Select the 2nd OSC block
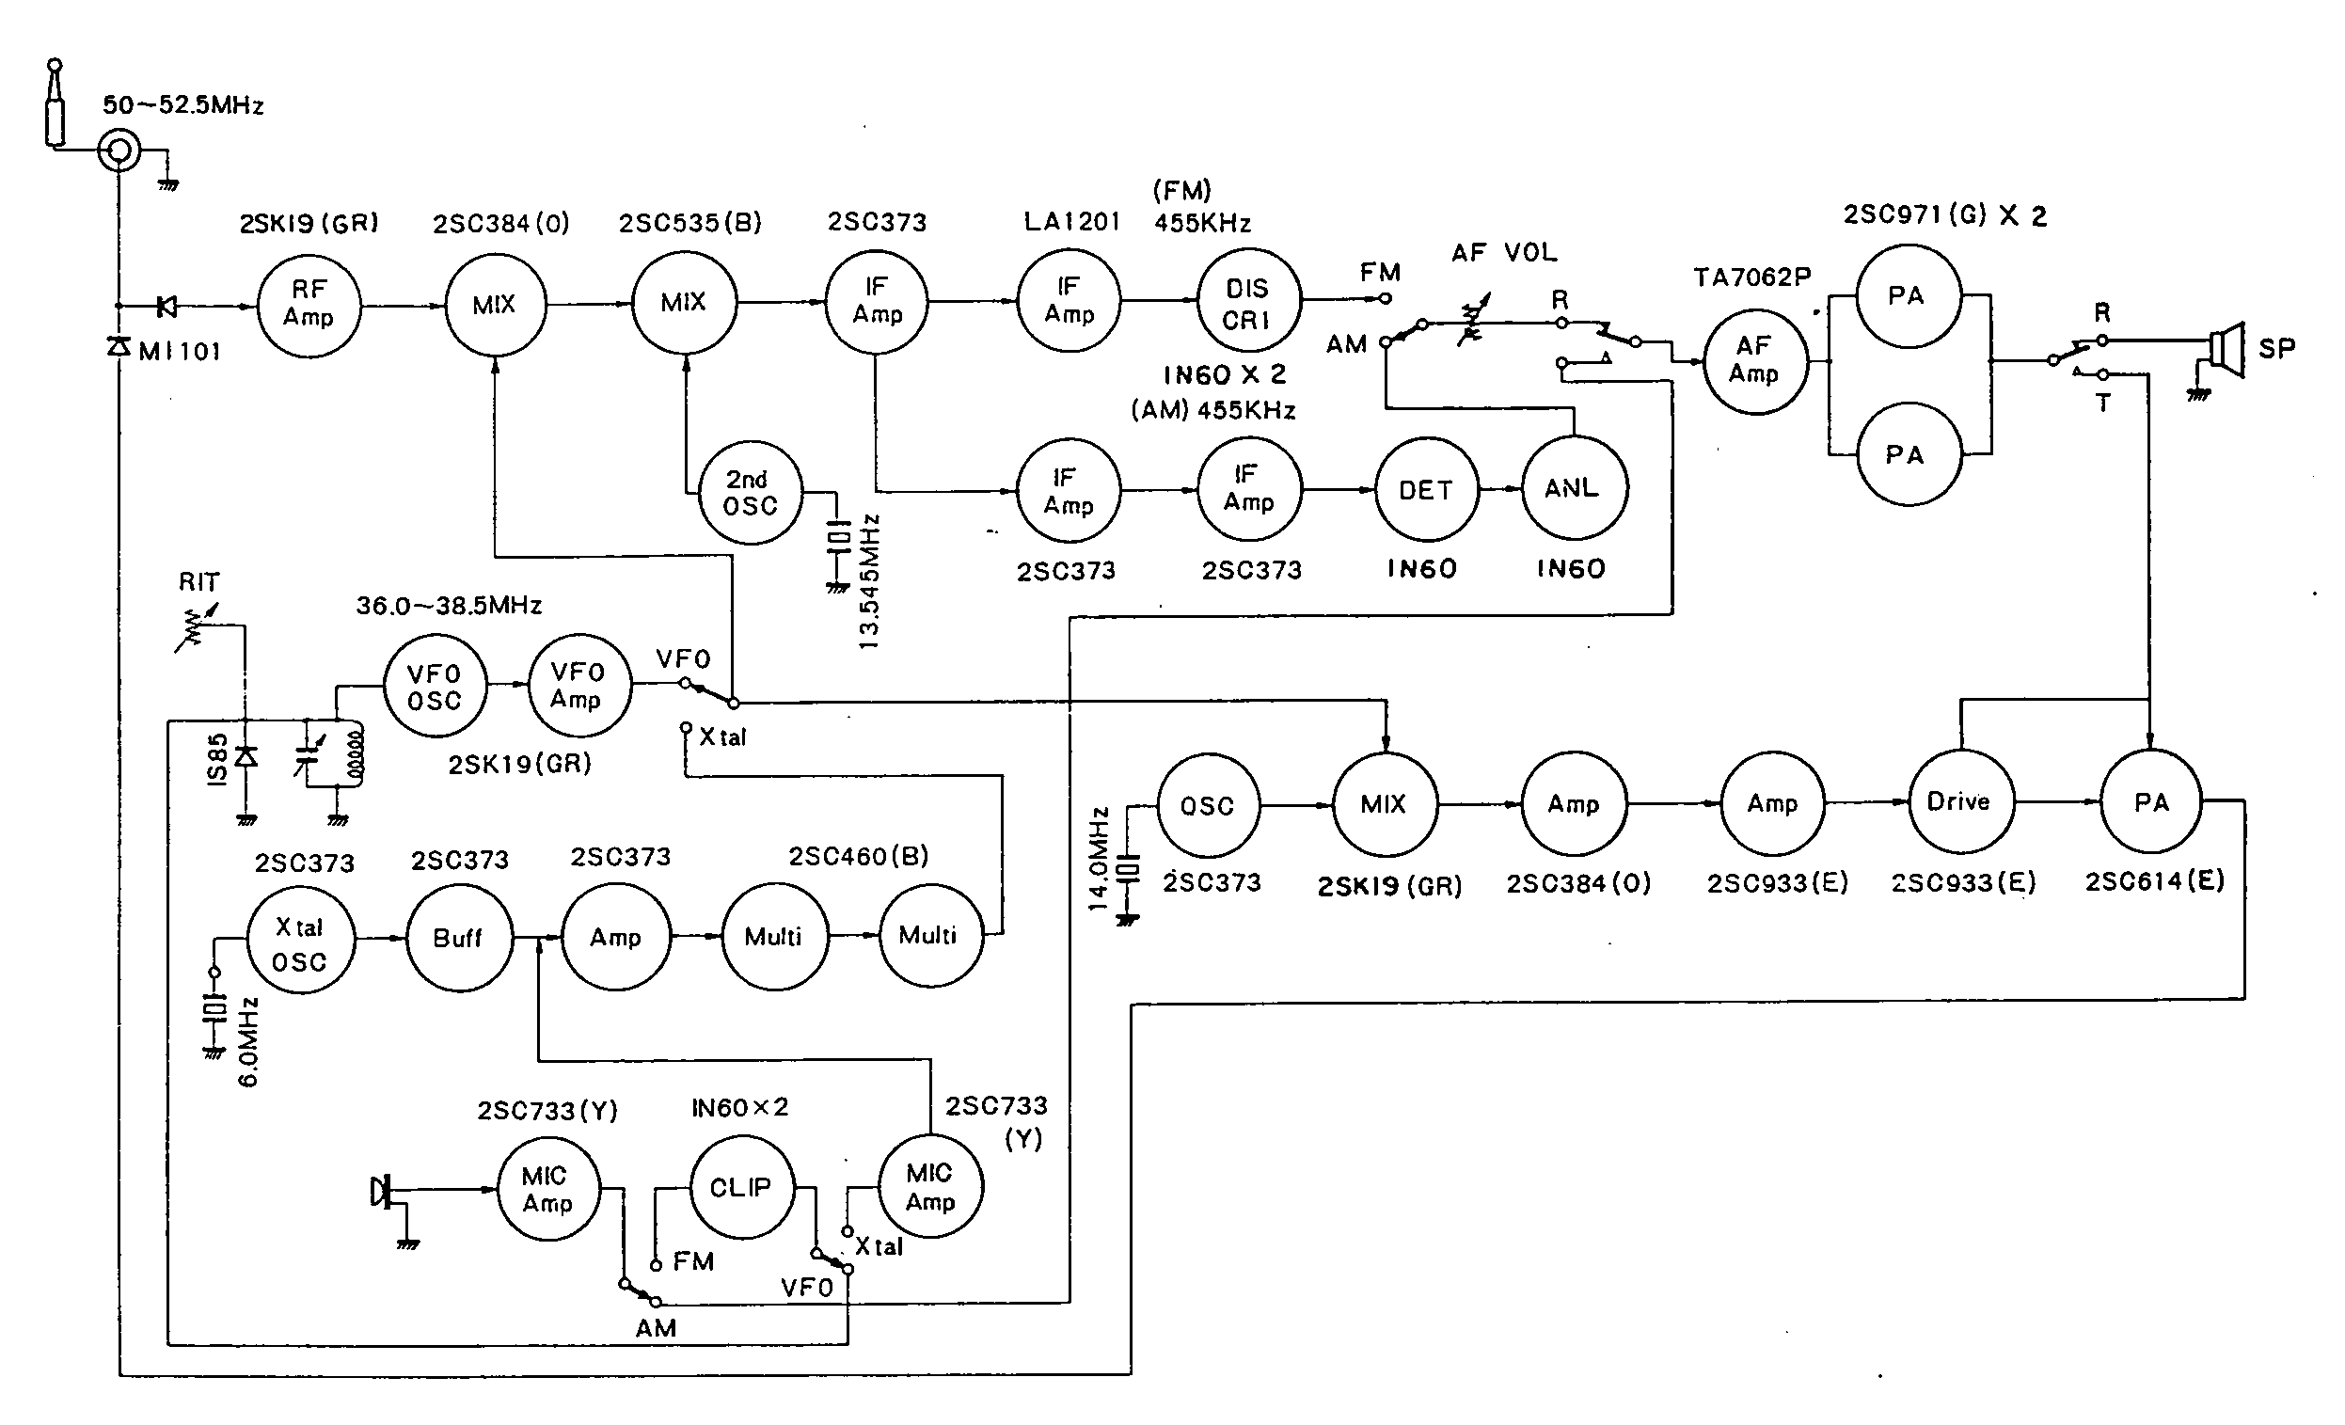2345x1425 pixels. tap(750, 492)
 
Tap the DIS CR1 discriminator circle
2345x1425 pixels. tap(1246, 303)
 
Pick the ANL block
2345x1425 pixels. tap(1572, 489)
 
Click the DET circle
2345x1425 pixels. tap(1426, 490)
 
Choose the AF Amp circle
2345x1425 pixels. tap(1754, 361)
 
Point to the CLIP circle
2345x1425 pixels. tap(740, 1187)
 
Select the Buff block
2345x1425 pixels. tap(458, 938)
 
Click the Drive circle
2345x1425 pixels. tap(1958, 801)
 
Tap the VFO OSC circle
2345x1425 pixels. tap(434, 688)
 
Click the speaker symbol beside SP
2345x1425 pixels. tap(2226, 349)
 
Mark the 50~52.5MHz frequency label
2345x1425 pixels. tap(182, 104)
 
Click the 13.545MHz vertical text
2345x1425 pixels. tap(869, 582)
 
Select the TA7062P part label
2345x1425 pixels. tap(1752, 277)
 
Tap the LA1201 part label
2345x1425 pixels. tap(1071, 222)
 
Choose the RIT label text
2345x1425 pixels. tap(198, 581)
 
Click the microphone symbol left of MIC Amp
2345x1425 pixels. tap(382, 1191)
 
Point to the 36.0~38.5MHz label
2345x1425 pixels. tap(449, 606)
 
